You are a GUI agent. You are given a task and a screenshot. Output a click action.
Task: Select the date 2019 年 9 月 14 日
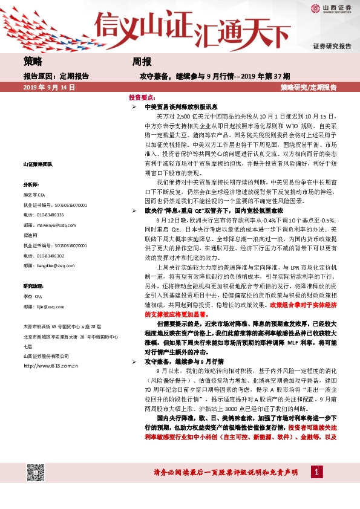[x=49, y=88]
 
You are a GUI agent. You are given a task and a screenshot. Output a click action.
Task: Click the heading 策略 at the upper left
[x=33, y=61]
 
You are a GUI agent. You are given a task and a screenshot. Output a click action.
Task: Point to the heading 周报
[x=142, y=61]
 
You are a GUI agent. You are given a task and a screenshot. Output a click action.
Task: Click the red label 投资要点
[x=142, y=97]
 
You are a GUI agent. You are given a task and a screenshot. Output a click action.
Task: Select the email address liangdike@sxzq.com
[x=54, y=265]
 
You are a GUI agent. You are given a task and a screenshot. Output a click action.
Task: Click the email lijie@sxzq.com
[x=50, y=306]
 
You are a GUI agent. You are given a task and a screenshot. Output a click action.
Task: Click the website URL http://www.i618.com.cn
[x=51, y=366]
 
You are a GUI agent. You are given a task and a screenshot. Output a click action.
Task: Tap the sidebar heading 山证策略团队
[x=38, y=164]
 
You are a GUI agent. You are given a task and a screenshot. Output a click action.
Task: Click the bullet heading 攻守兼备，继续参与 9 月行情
[x=178, y=361]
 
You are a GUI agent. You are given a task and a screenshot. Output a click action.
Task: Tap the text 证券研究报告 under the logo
[x=332, y=46]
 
